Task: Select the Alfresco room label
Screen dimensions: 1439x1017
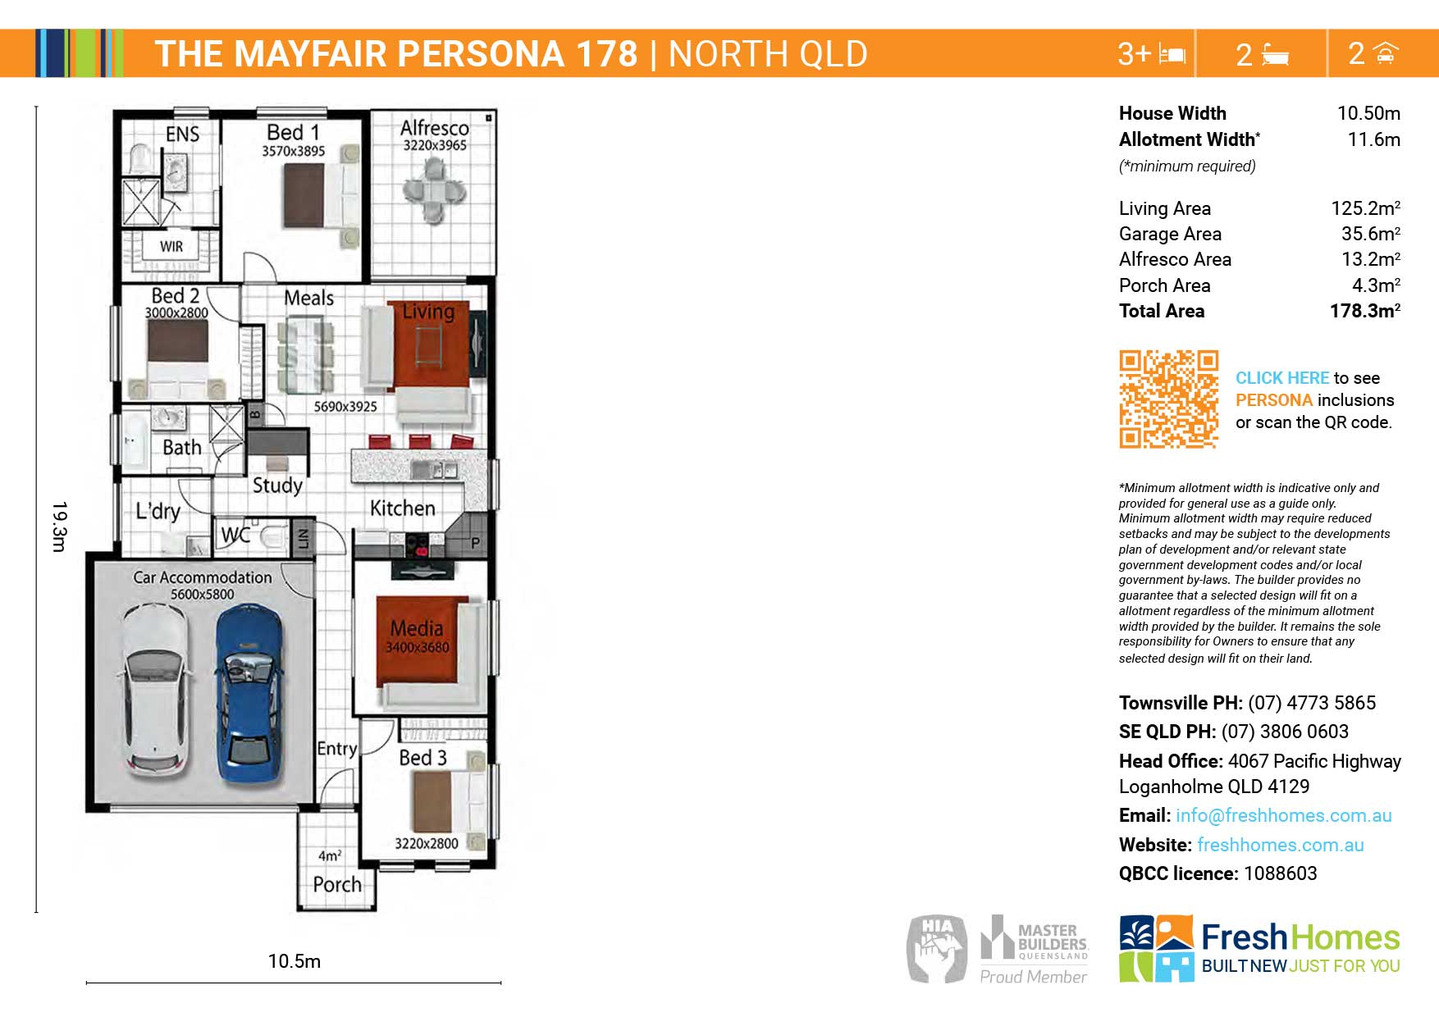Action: pyautogui.click(x=435, y=128)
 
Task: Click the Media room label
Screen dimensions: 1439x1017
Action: pyautogui.click(x=417, y=628)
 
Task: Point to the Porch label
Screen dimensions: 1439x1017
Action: pyautogui.click(x=337, y=884)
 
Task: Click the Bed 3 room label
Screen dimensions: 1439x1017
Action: pyautogui.click(x=423, y=758)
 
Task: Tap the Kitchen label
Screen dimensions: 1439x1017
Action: pyautogui.click(x=402, y=508)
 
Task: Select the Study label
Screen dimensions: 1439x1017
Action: pyautogui.click(x=277, y=486)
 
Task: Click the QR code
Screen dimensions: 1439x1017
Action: pyautogui.click(x=1169, y=399)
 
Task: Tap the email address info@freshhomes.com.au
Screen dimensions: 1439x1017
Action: pyautogui.click(x=1284, y=815)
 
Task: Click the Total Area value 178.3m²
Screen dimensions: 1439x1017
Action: pyautogui.click(x=1365, y=311)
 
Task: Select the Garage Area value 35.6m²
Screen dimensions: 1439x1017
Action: pyautogui.click(x=1371, y=234)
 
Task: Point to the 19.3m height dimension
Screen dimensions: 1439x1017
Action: pyautogui.click(x=59, y=527)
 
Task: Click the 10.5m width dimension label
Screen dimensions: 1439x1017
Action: pyautogui.click(x=294, y=961)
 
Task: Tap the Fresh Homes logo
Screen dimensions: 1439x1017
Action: pyautogui.click(x=1259, y=949)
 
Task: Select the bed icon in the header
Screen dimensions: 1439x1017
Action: pyautogui.click(x=1172, y=54)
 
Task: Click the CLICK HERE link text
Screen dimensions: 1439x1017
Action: pyautogui.click(x=1282, y=378)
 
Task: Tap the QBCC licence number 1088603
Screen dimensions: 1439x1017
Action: pyautogui.click(x=1280, y=873)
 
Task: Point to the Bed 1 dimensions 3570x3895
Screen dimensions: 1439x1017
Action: pyautogui.click(x=293, y=151)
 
